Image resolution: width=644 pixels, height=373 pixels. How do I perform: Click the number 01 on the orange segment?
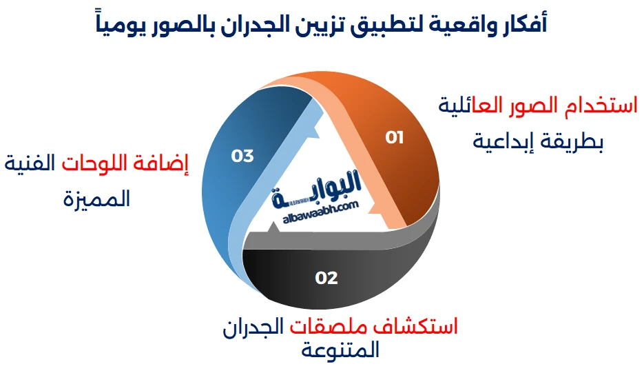coord(394,138)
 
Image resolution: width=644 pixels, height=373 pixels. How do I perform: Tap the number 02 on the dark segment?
coord(326,278)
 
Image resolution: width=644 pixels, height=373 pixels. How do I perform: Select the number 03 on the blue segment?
coord(242,157)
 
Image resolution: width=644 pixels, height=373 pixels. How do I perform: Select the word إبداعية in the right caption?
coord(504,141)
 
